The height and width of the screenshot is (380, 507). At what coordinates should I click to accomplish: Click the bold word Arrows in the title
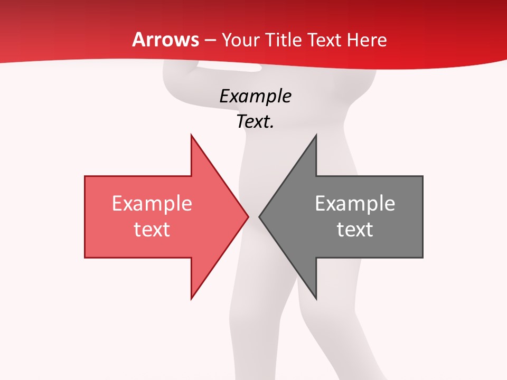pos(166,40)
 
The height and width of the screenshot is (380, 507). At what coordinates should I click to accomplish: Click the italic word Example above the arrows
pos(255,97)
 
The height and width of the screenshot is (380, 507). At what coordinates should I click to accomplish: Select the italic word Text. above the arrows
pos(255,122)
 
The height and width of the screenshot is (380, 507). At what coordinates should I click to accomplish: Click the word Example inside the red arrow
pos(152,204)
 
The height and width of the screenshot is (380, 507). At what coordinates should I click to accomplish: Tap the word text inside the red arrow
pos(152,230)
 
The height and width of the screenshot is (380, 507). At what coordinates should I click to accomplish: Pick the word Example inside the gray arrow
pos(355,204)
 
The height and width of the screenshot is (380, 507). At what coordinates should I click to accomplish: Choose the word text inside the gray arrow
pos(355,230)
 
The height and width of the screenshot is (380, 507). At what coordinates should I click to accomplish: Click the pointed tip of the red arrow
pos(248,216)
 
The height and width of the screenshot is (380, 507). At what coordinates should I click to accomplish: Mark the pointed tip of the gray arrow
pos(259,216)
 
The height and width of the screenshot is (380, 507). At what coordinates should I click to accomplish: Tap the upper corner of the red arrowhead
pos(191,136)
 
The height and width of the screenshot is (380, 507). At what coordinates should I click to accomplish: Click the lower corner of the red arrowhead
pos(191,299)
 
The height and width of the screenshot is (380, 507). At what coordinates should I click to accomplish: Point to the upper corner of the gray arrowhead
pos(316,136)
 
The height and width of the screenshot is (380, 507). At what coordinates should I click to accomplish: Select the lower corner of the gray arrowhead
pos(316,299)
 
